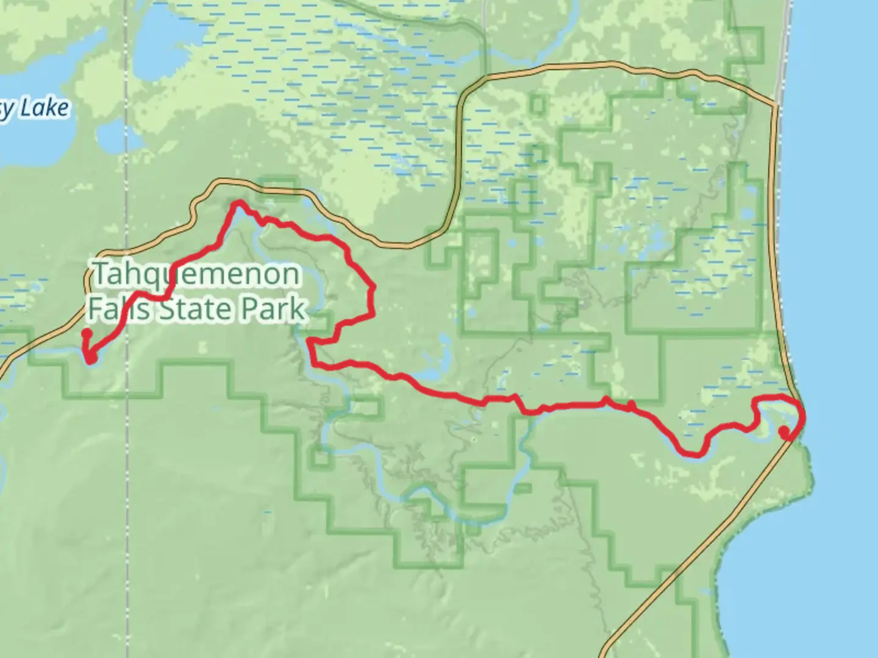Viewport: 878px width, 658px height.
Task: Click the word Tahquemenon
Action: pyautogui.click(x=196, y=275)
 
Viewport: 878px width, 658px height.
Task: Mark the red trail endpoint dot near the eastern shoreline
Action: pyautogui.click(x=783, y=431)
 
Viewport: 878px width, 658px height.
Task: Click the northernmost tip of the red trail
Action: pyautogui.click(x=238, y=203)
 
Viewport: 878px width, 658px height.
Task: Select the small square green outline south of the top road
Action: pyautogui.click(x=537, y=104)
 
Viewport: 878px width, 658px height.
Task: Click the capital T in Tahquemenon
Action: pyautogui.click(x=100, y=275)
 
